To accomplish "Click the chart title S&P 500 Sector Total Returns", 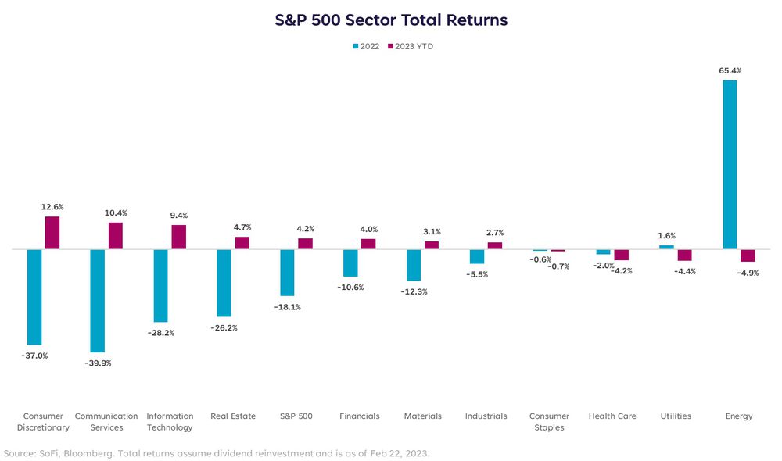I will (x=391, y=20).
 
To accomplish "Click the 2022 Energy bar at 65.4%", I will (x=730, y=164).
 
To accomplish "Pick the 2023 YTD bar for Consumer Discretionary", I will (x=52, y=233).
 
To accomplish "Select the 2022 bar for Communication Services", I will (x=98, y=301).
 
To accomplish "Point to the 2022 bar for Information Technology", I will (x=161, y=285).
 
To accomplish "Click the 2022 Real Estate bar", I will (x=224, y=283).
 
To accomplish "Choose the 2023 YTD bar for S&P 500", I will (x=305, y=244).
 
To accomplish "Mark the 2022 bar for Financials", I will (x=350, y=263).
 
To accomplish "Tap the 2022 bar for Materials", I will (x=414, y=265).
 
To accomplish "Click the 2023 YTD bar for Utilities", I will (x=685, y=256).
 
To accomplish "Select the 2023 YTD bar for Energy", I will (x=748, y=256).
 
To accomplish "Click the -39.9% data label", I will (x=98, y=363).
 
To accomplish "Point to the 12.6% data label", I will (x=52, y=207).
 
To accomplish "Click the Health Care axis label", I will (x=612, y=416).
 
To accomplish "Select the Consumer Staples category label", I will (x=549, y=422).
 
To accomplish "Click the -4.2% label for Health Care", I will (x=622, y=271).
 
